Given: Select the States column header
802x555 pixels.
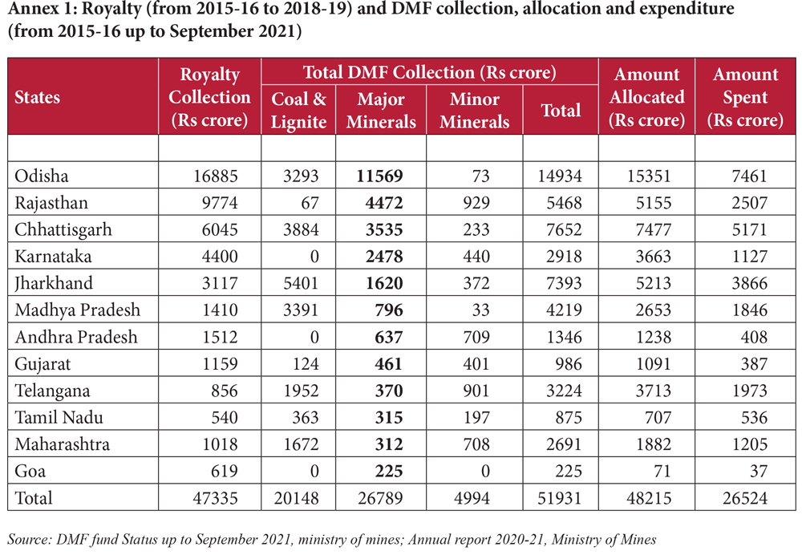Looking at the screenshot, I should [38, 97].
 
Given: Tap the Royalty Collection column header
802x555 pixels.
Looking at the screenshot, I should [210, 97].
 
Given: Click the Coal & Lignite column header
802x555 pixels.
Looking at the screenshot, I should [299, 110].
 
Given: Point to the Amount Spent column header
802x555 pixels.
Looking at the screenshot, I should [746, 97].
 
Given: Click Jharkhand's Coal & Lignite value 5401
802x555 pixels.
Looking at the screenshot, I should [302, 283].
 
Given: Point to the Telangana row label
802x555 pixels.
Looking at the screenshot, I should [51, 391].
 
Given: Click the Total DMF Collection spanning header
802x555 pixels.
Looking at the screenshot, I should [429, 72].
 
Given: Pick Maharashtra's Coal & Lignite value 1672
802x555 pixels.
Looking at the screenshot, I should [302, 444].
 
